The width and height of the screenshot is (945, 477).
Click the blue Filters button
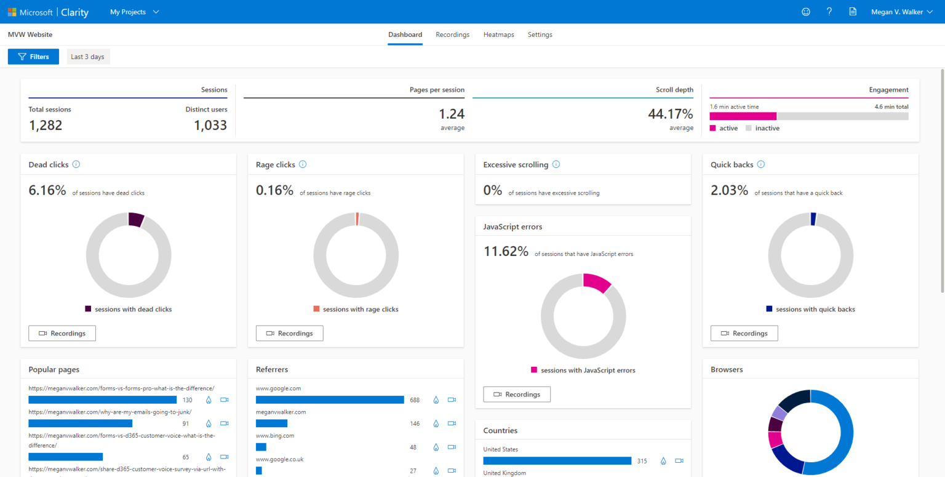(x=33, y=57)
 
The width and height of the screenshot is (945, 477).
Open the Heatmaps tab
(x=498, y=35)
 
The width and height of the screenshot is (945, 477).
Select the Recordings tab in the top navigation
(x=452, y=35)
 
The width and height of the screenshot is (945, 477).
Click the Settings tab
(x=540, y=35)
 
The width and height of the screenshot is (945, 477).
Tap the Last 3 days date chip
(x=88, y=57)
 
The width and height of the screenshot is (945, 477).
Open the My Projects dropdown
(x=134, y=12)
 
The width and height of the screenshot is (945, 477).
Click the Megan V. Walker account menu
(x=901, y=12)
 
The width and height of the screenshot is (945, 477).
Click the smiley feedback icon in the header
(x=806, y=12)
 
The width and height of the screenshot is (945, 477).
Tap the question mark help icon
(x=829, y=12)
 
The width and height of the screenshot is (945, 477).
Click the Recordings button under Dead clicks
(x=62, y=333)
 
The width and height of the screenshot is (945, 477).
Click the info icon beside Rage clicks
(x=303, y=164)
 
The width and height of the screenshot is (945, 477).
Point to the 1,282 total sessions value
(x=46, y=126)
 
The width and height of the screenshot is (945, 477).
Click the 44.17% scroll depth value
(x=670, y=114)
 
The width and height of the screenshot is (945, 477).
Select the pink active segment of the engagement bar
(x=743, y=116)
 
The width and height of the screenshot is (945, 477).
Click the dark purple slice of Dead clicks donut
(x=136, y=220)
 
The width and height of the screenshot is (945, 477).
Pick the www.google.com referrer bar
(x=330, y=400)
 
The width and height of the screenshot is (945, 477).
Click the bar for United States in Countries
(x=557, y=460)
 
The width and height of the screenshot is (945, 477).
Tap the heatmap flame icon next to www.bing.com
(x=436, y=447)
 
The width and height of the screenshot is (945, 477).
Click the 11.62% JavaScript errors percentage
(x=506, y=252)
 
